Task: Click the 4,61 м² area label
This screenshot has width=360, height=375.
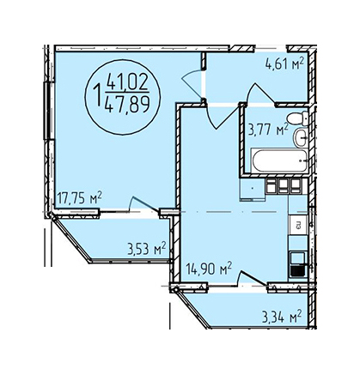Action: (x=284, y=64)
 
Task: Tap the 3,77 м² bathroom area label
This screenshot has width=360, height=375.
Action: (x=268, y=130)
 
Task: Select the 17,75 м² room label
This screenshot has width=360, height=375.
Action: (x=80, y=197)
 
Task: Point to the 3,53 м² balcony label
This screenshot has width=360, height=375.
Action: (x=147, y=249)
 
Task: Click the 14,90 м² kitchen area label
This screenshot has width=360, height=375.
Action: (x=209, y=269)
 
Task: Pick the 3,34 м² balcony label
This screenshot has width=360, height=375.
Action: (x=282, y=317)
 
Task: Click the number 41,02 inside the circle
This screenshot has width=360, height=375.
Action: (x=127, y=82)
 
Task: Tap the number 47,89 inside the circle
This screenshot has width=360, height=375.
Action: (x=127, y=103)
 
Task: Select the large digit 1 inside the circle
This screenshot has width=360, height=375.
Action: (x=98, y=94)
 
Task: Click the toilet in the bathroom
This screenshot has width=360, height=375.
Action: (x=297, y=118)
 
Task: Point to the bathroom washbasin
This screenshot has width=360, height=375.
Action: (x=302, y=137)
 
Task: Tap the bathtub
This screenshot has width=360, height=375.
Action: (x=279, y=160)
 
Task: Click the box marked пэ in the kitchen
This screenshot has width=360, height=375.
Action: (x=298, y=225)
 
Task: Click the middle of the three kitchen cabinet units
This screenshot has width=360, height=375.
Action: (x=284, y=186)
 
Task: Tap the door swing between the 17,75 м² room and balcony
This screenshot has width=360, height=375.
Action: (x=143, y=204)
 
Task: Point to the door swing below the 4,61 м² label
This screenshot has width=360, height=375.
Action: (x=261, y=94)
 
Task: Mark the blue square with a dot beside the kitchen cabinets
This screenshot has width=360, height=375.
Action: (x=253, y=189)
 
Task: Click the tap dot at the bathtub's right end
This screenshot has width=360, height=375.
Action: (x=301, y=160)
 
